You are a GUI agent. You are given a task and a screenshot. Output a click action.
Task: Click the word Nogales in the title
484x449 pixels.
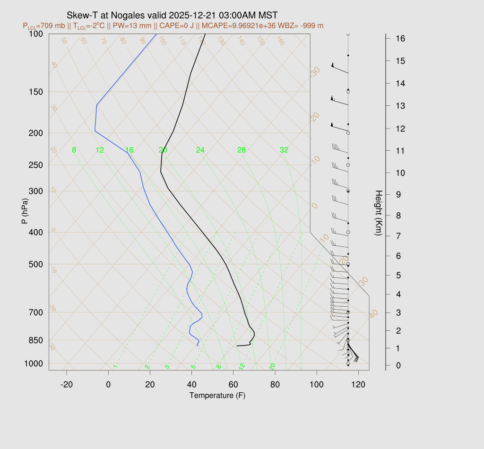(119, 15)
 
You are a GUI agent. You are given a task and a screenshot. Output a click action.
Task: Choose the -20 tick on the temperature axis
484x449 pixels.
(67, 384)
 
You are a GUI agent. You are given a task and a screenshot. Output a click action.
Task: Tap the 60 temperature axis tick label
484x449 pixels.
(233, 384)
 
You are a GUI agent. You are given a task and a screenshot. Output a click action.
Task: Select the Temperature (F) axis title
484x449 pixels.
(217, 395)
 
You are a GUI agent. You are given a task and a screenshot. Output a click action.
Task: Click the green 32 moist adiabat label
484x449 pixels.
(284, 150)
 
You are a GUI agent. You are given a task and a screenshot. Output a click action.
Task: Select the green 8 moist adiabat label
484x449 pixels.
(74, 150)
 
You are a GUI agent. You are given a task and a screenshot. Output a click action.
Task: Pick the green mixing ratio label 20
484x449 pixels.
(272, 366)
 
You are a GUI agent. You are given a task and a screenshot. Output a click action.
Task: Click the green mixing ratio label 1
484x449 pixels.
(115, 366)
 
